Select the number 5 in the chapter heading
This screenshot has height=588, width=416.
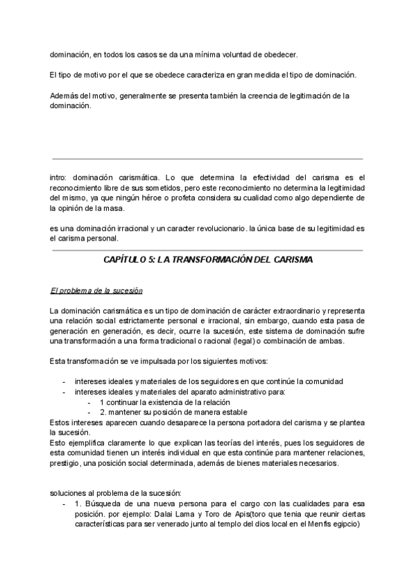(x=151, y=260)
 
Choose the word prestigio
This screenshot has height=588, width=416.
(x=66, y=464)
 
